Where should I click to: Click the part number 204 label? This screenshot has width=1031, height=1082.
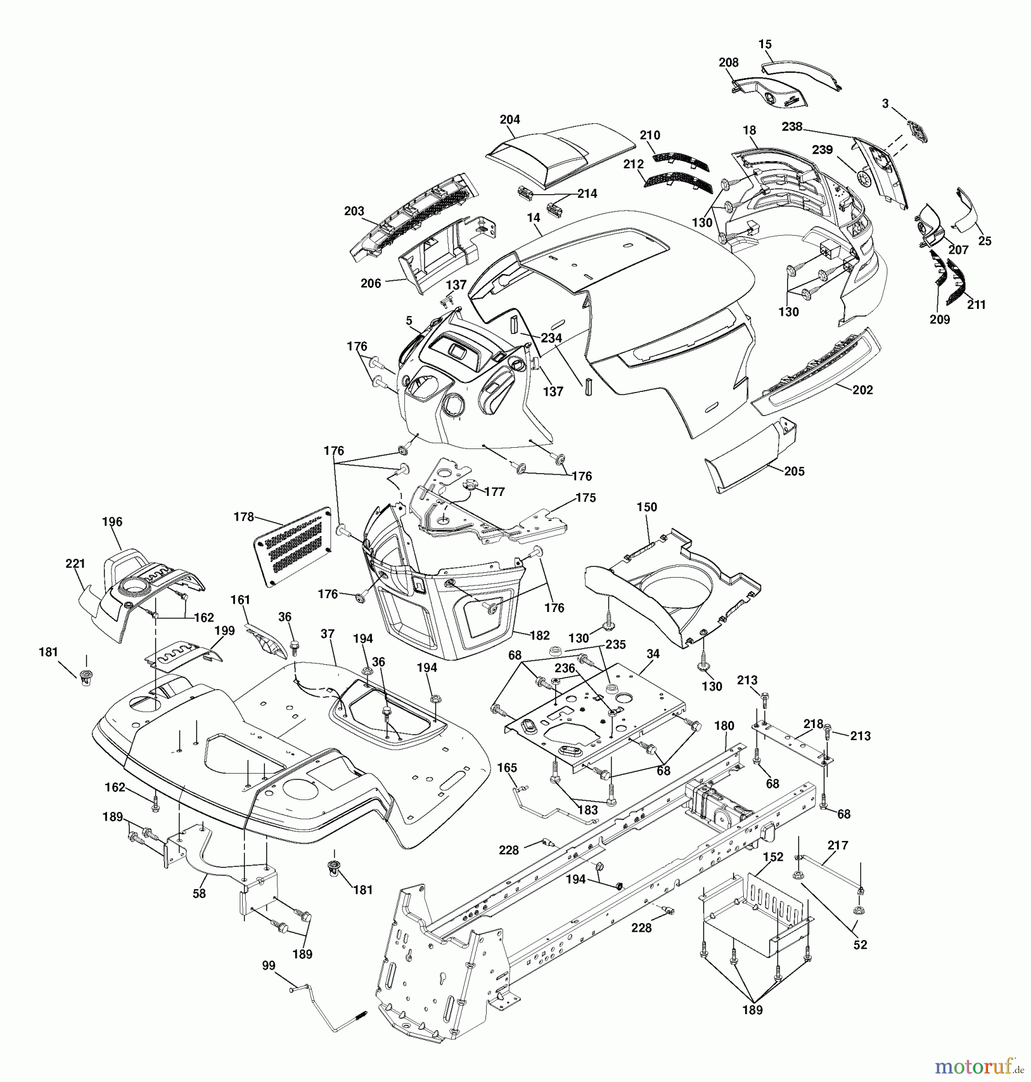pyautogui.click(x=509, y=120)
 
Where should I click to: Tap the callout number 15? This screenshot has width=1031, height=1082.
pyautogui.click(x=765, y=44)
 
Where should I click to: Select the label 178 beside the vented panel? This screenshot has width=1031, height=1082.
pyautogui.click(x=243, y=517)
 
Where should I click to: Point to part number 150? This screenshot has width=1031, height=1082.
pyautogui.click(x=647, y=507)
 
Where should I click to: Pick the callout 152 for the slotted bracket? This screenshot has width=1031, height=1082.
pyautogui.click(x=773, y=857)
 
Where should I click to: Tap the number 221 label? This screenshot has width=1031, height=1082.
pyautogui.click(x=75, y=564)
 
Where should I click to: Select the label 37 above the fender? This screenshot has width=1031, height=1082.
pyautogui.click(x=327, y=634)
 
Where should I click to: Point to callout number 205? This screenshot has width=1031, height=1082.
pyautogui.click(x=794, y=471)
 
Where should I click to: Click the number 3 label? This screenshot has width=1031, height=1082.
pyautogui.click(x=885, y=104)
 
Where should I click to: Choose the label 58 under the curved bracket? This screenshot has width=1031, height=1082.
pyautogui.click(x=199, y=894)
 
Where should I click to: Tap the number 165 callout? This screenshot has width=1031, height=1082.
pyautogui.click(x=507, y=768)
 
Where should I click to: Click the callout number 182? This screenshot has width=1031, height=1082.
pyautogui.click(x=540, y=635)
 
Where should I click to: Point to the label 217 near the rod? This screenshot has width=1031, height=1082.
pyautogui.click(x=838, y=845)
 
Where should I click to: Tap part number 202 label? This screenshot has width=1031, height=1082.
pyautogui.click(x=863, y=390)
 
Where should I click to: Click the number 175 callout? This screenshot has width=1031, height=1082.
pyautogui.click(x=586, y=498)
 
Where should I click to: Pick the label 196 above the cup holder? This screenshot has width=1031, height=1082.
pyautogui.click(x=112, y=522)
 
